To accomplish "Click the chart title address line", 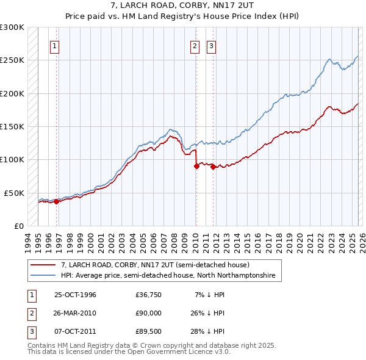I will pos(182,5).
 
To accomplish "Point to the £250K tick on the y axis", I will pos(12,60).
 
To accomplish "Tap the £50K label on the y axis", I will pos(14,193).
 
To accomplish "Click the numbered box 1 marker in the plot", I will pos(55,46).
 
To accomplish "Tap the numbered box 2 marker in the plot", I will pos(195,46).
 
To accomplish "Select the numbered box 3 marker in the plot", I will pos(211,46).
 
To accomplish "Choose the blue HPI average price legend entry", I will pos(168,276).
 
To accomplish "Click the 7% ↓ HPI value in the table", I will pos(208,295).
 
